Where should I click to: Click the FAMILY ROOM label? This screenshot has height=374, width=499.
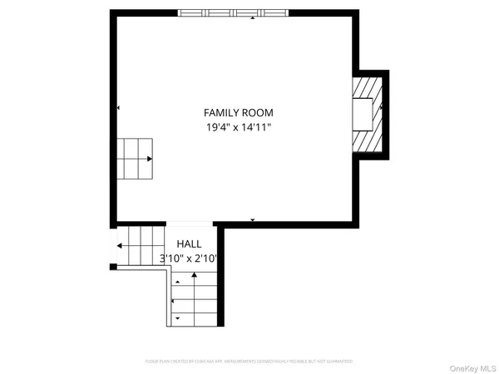[x=239, y=112]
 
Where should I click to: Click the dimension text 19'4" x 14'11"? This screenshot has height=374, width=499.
[x=239, y=127]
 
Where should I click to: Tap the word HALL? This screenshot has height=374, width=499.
[x=189, y=244]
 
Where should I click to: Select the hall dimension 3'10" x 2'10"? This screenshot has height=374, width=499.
[x=189, y=258]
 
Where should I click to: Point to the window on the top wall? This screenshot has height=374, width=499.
[x=234, y=13]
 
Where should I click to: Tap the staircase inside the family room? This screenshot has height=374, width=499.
[x=136, y=158]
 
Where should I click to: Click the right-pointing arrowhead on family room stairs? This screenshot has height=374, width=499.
[x=150, y=158]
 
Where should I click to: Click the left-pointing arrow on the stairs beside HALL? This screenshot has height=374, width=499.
[x=120, y=246]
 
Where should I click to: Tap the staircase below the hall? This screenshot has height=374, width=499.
[x=195, y=299]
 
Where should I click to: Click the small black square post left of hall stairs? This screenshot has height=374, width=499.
[x=113, y=267]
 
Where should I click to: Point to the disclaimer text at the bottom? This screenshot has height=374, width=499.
[x=249, y=362]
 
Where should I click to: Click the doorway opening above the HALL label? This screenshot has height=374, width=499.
[x=190, y=224]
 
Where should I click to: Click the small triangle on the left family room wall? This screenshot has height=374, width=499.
[x=119, y=108]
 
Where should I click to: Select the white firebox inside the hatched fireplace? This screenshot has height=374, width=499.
[x=362, y=114]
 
